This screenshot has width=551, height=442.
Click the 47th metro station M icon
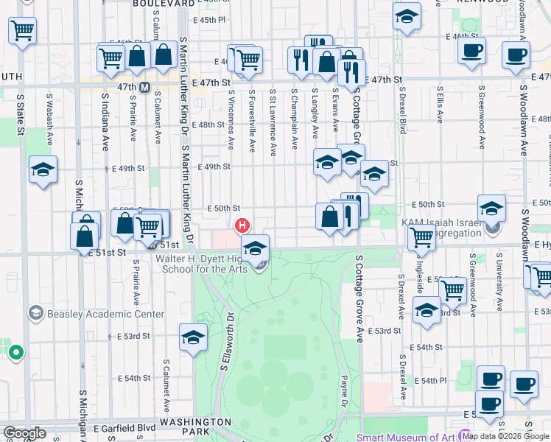point(145,87)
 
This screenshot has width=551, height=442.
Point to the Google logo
point(24,432)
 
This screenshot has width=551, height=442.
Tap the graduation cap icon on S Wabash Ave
point(43,169)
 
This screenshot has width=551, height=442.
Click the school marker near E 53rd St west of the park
point(193,337)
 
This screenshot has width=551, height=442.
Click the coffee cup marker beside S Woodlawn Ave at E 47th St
point(516,53)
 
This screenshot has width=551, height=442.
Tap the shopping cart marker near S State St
point(22,30)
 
